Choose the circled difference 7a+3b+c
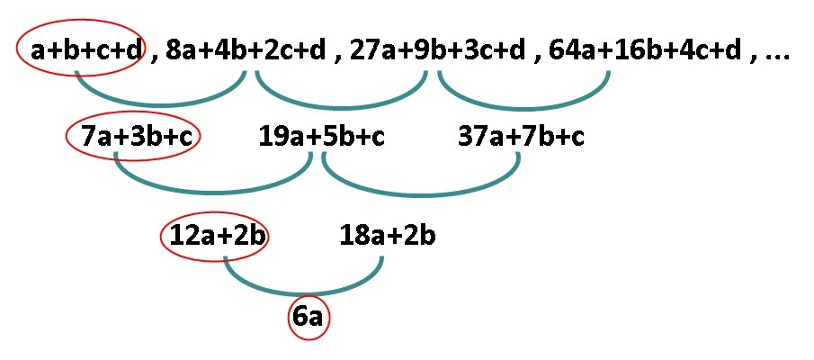[x=134, y=138]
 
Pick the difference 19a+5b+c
[x=321, y=138]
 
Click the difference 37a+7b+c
[x=521, y=138]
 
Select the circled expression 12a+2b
[x=215, y=237]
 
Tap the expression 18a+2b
[x=388, y=237]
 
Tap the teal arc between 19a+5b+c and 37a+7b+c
[x=420, y=191]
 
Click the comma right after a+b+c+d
[x=154, y=56]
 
